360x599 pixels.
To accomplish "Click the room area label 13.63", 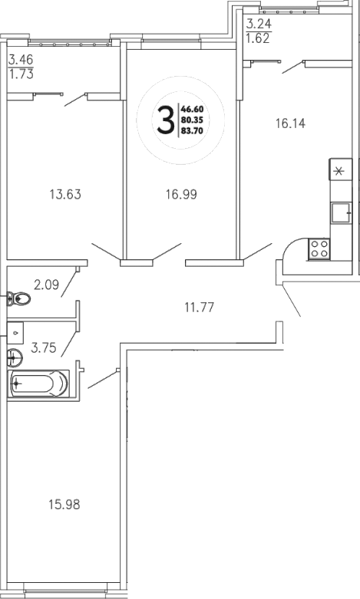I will point(64,194).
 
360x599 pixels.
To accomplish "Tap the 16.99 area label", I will point(181,194).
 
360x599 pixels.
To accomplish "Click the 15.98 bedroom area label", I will point(63,505).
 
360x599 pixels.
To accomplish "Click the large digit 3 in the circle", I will point(164,120).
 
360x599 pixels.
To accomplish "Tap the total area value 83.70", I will point(190,130).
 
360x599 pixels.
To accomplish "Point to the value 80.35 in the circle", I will point(190,120).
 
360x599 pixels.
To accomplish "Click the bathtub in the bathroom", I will point(39,382).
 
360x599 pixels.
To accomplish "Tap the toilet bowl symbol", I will point(18,298).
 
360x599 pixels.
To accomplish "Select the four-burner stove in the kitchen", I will point(319,247).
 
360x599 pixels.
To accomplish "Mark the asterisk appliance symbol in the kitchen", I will point(339,170).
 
